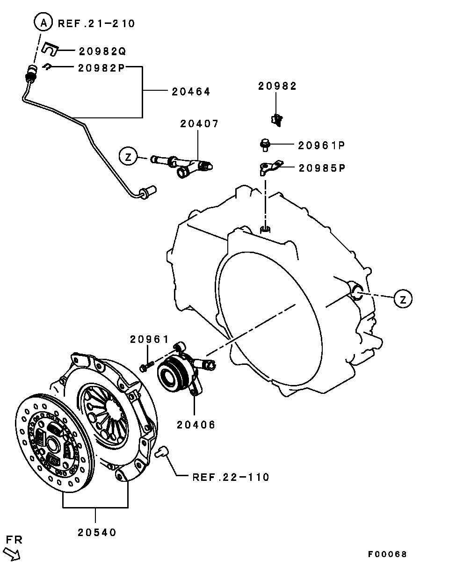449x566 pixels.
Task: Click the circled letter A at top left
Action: (42, 22)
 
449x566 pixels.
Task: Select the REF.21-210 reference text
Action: (96, 23)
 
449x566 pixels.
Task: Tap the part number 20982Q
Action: (102, 51)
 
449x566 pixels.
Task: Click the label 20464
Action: (190, 92)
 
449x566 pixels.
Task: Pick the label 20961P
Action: (321, 145)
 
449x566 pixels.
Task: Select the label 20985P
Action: (321, 168)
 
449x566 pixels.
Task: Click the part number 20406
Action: (196, 425)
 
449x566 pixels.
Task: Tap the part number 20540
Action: (97, 532)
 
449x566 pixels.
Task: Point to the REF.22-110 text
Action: (231, 477)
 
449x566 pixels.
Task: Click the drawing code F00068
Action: (387, 554)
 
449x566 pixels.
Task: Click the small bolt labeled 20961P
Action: (265, 145)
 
